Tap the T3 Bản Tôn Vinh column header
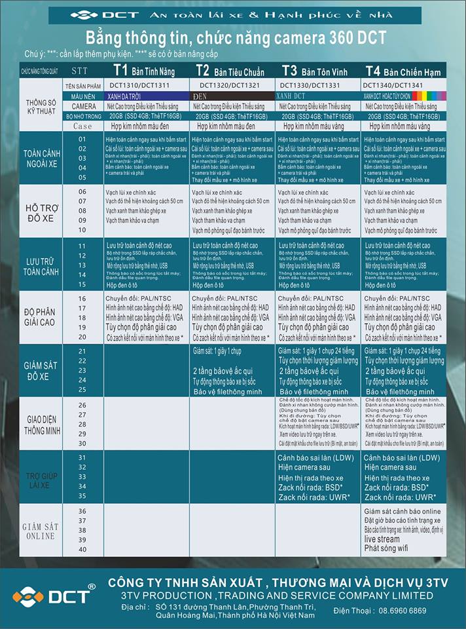[317, 70]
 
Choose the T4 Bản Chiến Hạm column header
[402, 70]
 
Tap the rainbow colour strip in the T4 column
[429, 96]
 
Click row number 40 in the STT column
[82, 548]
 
